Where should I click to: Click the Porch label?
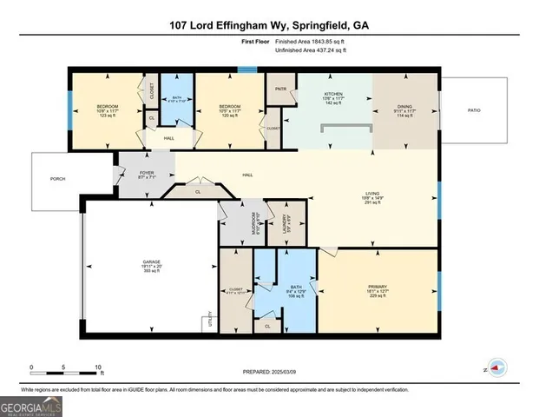point(57,179)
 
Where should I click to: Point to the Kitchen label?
point(334,93)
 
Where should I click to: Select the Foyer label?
point(147,173)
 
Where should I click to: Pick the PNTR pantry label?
point(280,89)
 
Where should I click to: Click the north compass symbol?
point(496,367)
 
